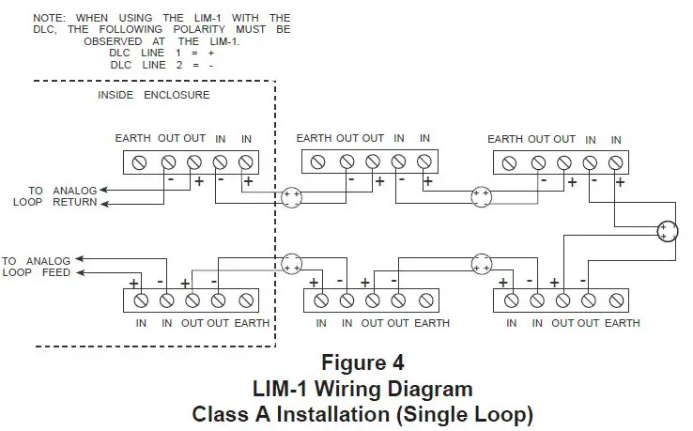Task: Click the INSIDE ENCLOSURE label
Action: tap(154, 95)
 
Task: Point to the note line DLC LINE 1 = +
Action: tap(162, 54)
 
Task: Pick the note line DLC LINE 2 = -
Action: tap(162, 66)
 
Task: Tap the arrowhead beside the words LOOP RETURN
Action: tap(104, 202)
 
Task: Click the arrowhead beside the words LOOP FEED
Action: tap(80, 273)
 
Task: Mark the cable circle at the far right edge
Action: tap(667, 231)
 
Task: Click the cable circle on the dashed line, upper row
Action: tap(291, 198)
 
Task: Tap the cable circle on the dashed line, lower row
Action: tap(291, 263)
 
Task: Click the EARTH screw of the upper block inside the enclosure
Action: tap(141, 162)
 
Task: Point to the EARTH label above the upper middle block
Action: tap(315, 138)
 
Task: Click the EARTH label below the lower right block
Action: tap(622, 323)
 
